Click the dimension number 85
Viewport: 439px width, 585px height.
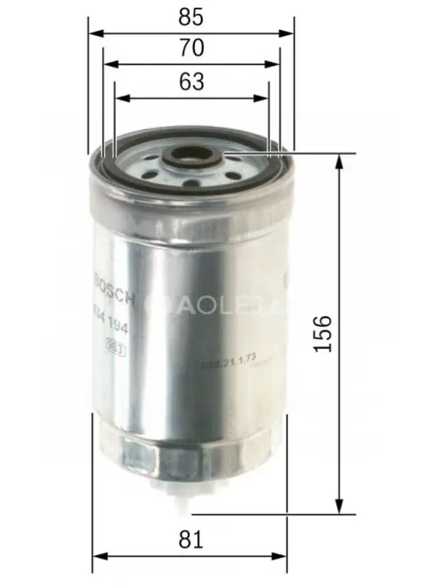tap(191, 15)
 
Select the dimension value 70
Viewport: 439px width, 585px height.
tap(191, 47)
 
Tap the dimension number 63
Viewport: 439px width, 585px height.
tap(191, 82)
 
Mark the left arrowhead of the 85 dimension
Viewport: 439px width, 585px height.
tap(93, 32)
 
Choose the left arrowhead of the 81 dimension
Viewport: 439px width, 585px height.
tap(97, 555)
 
